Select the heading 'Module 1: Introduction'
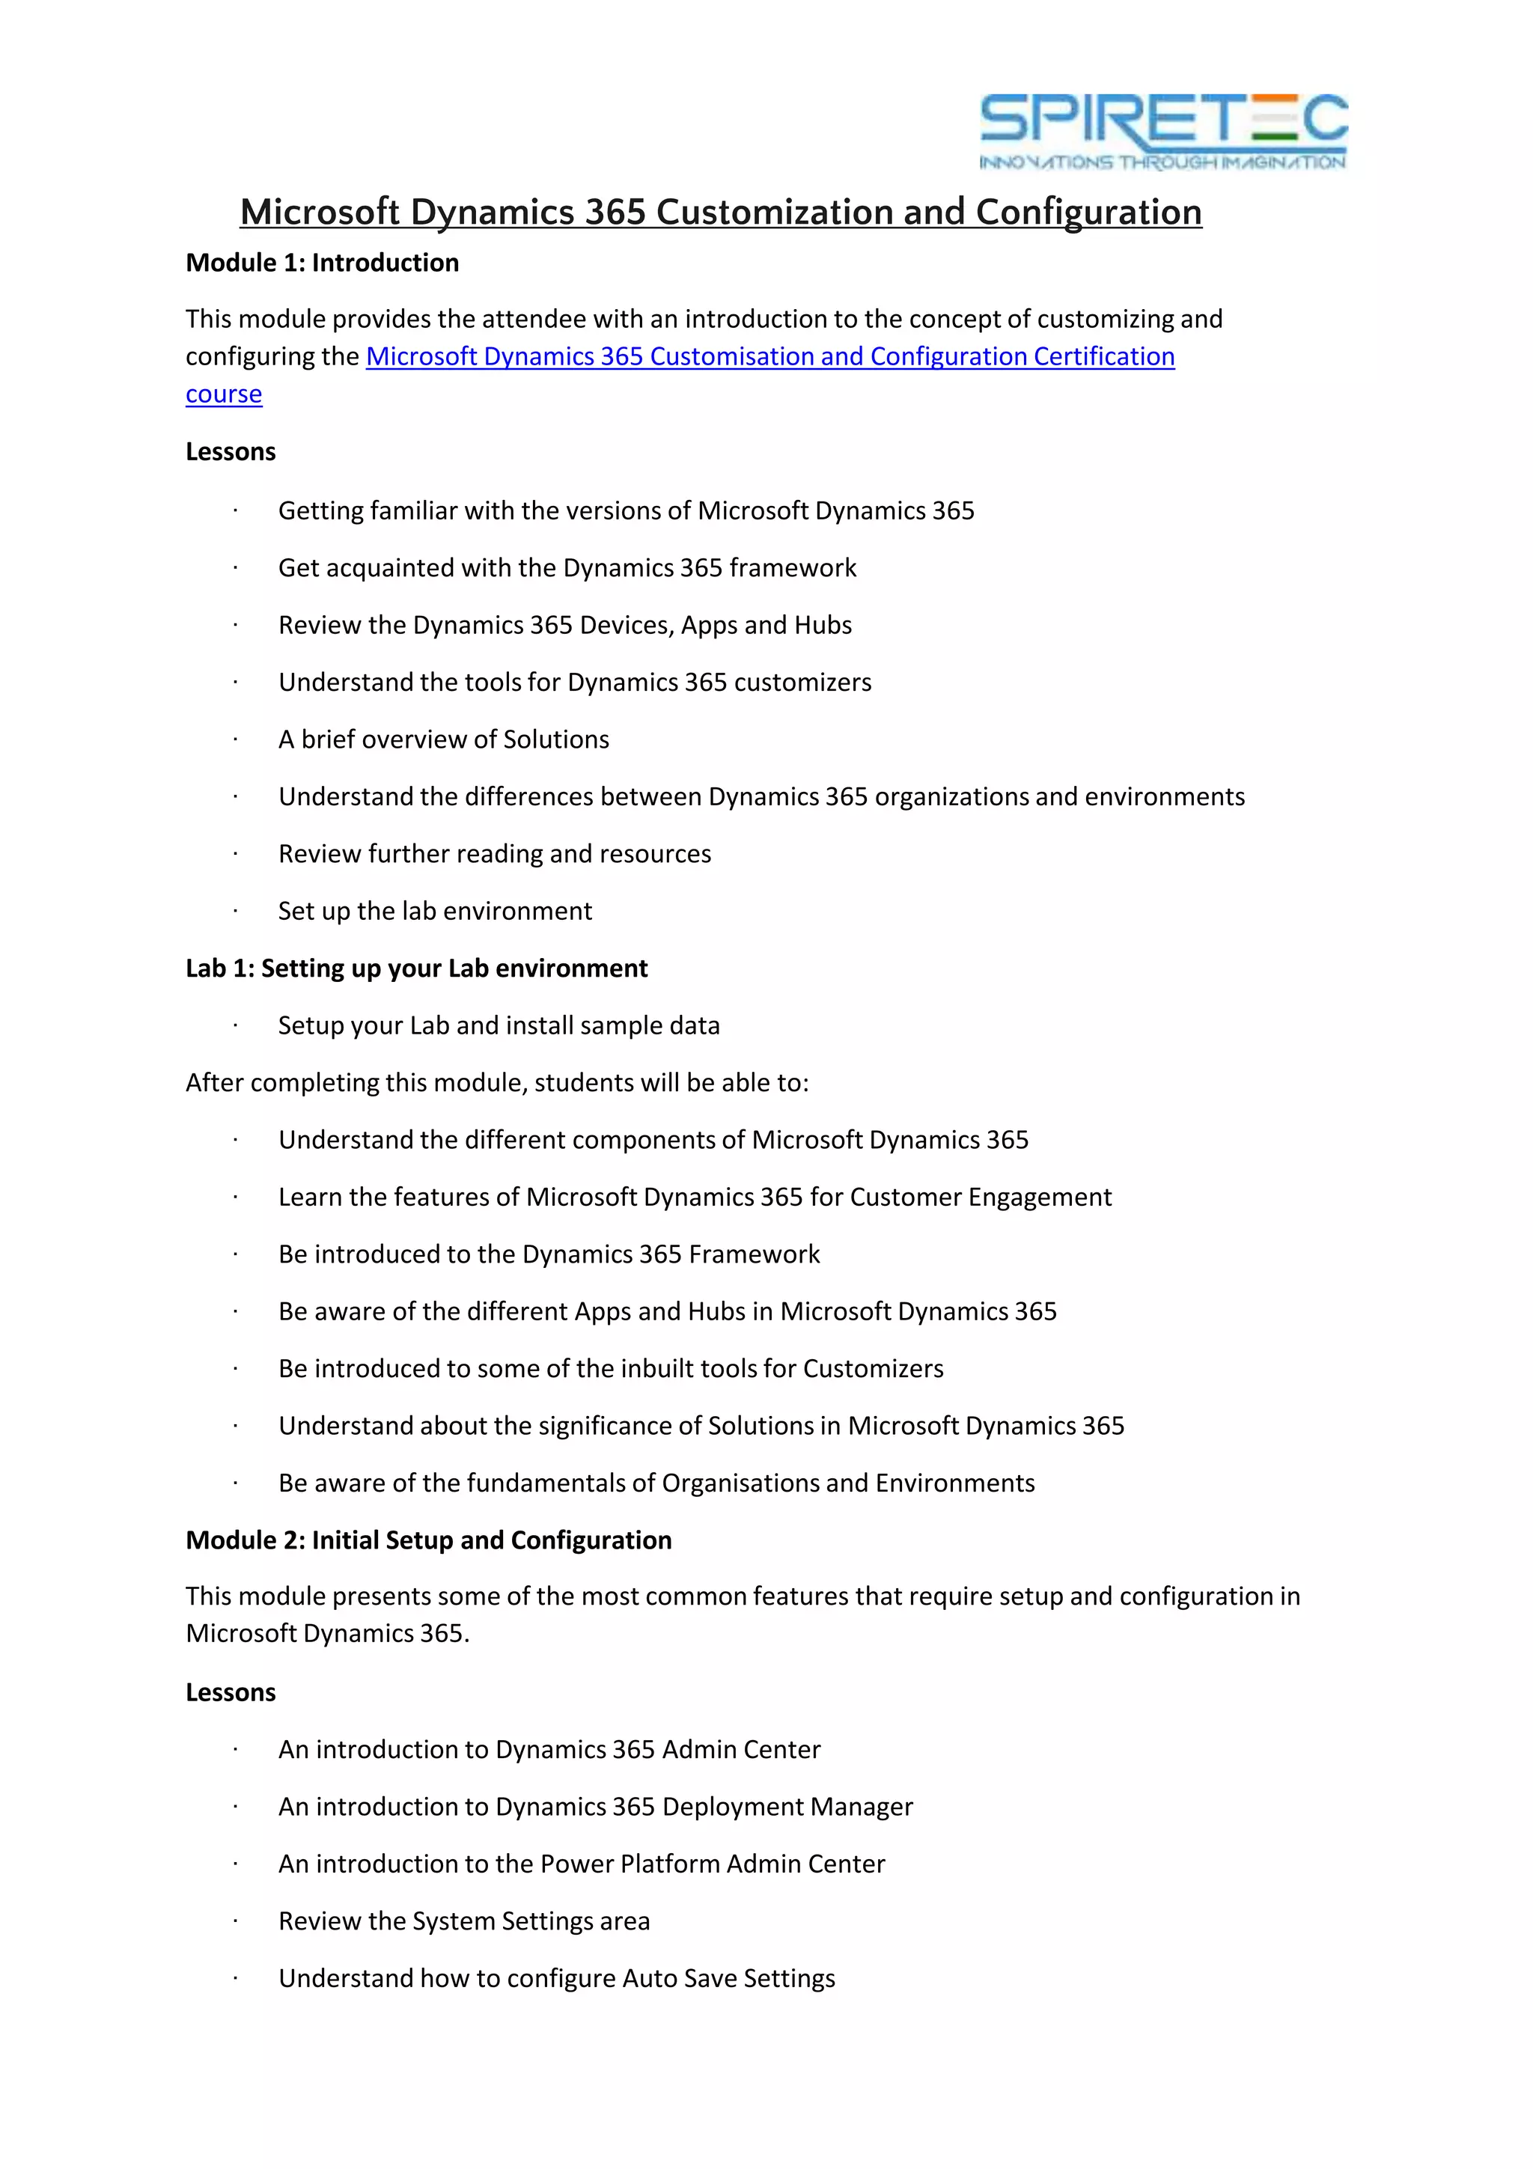point(322,263)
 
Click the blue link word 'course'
point(224,394)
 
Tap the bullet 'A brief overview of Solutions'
point(444,739)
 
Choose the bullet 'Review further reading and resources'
point(495,854)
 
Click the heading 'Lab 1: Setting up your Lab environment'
point(416,968)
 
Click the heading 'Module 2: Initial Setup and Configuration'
point(429,1541)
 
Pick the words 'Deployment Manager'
point(787,1807)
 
